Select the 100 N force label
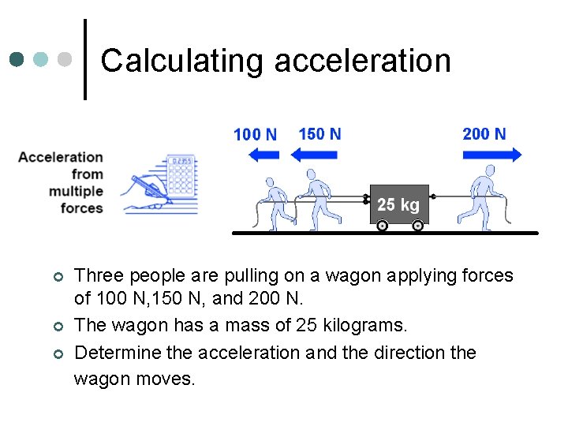pyautogui.click(x=255, y=134)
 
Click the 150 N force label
pyautogui.click(x=319, y=133)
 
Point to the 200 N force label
pyautogui.click(x=484, y=133)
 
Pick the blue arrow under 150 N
pyautogui.click(x=314, y=155)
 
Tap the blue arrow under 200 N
pyautogui.click(x=492, y=155)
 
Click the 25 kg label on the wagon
pyautogui.click(x=398, y=205)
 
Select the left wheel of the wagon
pyautogui.click(x=382, y=226)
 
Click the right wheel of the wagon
pyautogui.click(x=417, y=226)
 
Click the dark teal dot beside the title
pyautogui.click(x=17, y=59)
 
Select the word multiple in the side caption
pyautogui.click(x=76, y=191)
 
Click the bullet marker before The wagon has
pyautogui.click(x=57, y=326)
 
